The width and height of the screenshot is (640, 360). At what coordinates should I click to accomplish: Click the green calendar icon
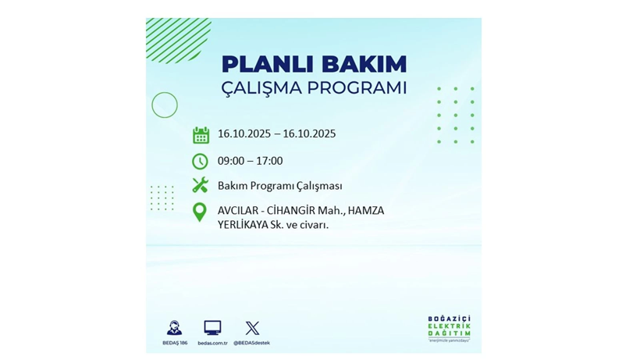[201, 134]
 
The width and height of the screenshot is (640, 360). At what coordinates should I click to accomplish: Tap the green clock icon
[201, 161]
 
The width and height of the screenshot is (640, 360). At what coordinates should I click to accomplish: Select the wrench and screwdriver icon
[201, 186]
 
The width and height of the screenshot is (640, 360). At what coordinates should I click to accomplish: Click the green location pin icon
[200, 212]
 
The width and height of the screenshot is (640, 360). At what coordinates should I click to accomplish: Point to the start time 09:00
[231, 161]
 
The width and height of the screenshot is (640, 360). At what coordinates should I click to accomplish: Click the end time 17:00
[269, 161]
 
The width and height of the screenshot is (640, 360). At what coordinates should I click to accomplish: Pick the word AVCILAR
[240, 210]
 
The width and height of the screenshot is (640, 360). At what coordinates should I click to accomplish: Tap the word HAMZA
[366, 210]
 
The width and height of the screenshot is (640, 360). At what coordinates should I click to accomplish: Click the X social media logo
[252, 328]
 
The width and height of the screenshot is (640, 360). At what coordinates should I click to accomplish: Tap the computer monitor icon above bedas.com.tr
[212, 328]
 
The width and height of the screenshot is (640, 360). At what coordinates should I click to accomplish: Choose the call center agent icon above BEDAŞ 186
[174, 328]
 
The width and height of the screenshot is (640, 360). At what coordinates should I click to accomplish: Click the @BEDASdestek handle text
[252, 343]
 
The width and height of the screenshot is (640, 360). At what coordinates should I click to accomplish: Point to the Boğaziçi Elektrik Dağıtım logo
[449, 329]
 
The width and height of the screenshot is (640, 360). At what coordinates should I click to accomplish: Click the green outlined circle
[165, 105]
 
